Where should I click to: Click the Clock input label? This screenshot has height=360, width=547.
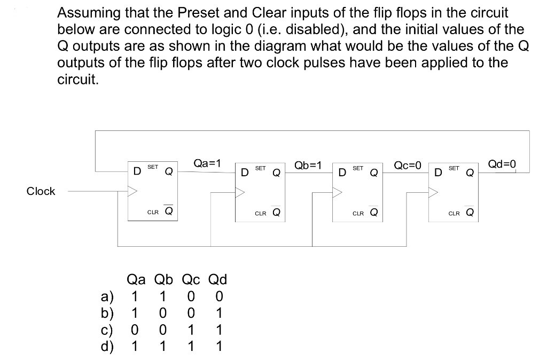[x=41, y=191]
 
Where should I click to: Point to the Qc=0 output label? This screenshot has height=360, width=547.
[x=408, y=165]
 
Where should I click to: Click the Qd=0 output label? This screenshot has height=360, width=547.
[x=503, y=164]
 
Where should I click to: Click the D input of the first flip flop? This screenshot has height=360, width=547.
[x=137, y=171]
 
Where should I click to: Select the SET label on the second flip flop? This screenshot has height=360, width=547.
[x=260, y=168]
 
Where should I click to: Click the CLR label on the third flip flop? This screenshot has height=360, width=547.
[x=358, y=214]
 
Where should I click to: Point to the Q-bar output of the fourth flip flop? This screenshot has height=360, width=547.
[x=469, y=213]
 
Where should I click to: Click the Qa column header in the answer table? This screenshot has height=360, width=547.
[x=137, y=279]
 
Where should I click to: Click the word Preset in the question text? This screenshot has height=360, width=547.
[x=179, y=13]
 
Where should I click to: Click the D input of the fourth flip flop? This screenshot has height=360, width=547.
[x=438, y=172]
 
